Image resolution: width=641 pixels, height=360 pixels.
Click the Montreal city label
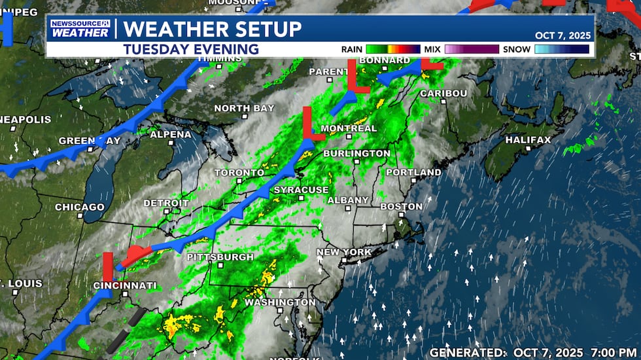pos(349,128)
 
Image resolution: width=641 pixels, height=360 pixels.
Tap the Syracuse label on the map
pos(301,190)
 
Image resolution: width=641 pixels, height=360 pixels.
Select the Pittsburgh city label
pos(220,257)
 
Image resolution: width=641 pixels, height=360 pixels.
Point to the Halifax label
pos(528,140)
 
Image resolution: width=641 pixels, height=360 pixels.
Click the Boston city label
pos(402,207)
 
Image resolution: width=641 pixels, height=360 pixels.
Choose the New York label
pos(344,252)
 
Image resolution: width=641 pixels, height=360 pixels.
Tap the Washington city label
pos(280,303)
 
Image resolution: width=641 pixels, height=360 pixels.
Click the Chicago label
pos(80,207)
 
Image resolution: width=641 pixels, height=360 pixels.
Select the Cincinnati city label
pos(125,286)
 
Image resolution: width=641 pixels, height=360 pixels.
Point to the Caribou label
pos(443,94)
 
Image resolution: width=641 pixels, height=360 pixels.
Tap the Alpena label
pos(171,135)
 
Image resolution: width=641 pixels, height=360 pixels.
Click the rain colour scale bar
pos(393,49)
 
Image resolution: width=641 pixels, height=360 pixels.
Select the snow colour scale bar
pos(561,49)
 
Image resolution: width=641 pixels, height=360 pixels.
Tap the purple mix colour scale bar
pos(472,49)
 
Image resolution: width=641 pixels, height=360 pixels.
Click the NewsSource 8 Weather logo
pos(80,29)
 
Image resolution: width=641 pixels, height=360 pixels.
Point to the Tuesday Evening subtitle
pos(190,49)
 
